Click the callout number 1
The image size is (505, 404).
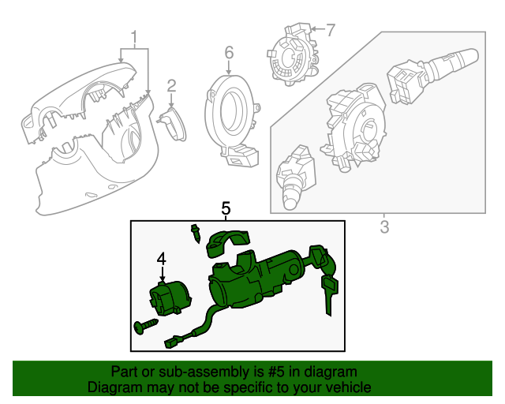pyautogui.click(x=134, y=36)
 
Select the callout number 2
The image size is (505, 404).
pyautogui.click(x=171, y=87)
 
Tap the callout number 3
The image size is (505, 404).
pyautogui.click(x=384, y=229)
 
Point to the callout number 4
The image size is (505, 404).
pyautogui.click(x=161, y=258)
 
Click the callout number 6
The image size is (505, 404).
pyautogui.click(x=229, y=53)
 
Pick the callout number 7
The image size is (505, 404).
pyautogui.click(x=330, y=31)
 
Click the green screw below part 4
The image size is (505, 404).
pyautogui.click(x=144, y=325)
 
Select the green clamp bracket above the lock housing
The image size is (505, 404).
pyautogui.click(x=227, y=243)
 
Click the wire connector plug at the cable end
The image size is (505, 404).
pyautogui.click(x=174, y=342)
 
